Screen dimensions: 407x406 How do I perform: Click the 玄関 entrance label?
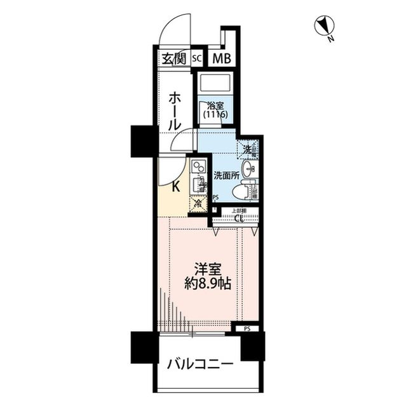[172, 60]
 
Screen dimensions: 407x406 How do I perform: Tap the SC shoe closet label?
[196, 59]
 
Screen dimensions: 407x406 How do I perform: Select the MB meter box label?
[221, 59]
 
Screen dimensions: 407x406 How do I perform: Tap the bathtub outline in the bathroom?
[213, 84]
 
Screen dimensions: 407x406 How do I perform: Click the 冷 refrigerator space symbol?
[198, 204]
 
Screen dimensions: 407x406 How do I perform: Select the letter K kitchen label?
[176, 186]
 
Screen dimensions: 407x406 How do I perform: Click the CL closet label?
[238, 219]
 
